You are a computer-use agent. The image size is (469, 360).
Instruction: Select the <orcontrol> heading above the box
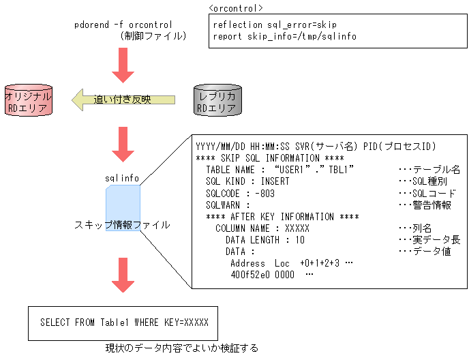[x=237, y=8]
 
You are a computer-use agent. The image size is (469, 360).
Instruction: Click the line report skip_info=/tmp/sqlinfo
[x=284, y=36]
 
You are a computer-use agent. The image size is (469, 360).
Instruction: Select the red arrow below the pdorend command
[x=123, y=65]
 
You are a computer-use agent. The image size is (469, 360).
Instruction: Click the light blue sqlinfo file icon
[x=123, y=209]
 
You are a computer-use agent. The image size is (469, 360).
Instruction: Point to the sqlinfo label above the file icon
[x=122, y=178]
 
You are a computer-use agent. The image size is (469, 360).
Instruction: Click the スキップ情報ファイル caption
[x=123, y=224]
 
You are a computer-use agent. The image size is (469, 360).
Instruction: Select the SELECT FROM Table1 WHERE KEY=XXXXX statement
[x=124, y=322]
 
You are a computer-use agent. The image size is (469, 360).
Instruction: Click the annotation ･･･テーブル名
[x=428, y=170]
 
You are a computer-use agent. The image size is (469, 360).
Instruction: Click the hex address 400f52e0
[x=252, y=274]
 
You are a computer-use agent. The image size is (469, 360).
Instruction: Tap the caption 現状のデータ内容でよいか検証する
[x=182, y=348]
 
